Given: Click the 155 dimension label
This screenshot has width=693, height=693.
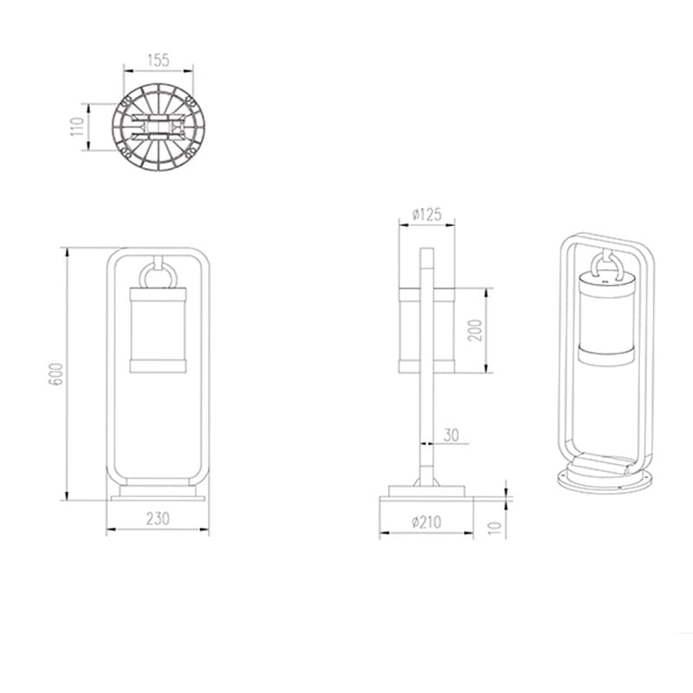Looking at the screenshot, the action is [x=159, y=60].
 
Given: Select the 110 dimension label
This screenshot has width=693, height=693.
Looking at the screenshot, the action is [x=77, y=126].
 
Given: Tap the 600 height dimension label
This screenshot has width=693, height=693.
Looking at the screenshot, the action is [x=57, y=374].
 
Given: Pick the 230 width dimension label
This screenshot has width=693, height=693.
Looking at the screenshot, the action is [x=158, y=518].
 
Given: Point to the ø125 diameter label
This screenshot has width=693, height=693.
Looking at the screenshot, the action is [x=426, y=214].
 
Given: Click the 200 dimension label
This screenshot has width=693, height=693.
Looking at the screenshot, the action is [x=475, y=330].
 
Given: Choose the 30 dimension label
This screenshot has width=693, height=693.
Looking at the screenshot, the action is [x=450, y=436].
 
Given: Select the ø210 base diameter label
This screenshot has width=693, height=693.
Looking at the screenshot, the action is [x=426, y=522].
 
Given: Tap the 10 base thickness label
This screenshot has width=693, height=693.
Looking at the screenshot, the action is [x=496, y=528].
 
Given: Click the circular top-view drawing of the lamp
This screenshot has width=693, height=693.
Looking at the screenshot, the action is [x=159, y=127].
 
